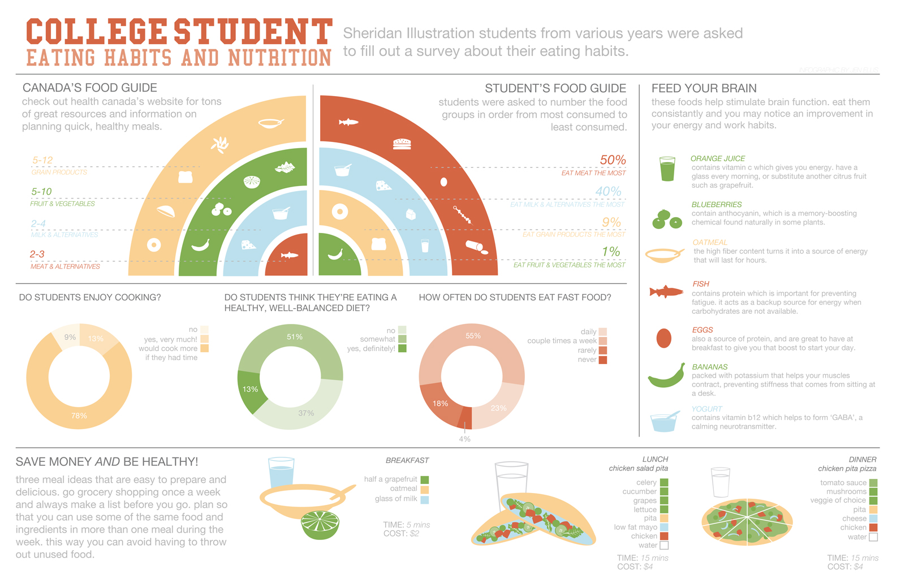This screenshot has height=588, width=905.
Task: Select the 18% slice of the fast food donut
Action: tap(441, 403)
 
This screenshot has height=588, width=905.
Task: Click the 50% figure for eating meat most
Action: tap(613, 161)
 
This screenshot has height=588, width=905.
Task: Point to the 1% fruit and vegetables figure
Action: tap(611, 252)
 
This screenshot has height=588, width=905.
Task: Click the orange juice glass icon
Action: tap(667, 169)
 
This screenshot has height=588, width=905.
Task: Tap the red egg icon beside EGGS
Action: tap(663, 338)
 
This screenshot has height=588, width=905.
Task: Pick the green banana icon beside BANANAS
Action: tap(666, 376)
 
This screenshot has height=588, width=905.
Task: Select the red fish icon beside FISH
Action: tap(666, 292)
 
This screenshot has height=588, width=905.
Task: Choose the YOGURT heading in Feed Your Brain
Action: tap(706, 409)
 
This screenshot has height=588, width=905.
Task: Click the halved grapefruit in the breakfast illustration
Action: tap(320, 525)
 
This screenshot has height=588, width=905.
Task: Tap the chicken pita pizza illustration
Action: tap(747, 521)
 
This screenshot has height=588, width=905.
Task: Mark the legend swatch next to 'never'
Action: tap(603, 360)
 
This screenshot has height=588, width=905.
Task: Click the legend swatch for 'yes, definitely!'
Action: tap(402, 349)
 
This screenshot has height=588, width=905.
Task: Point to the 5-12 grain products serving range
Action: tap(42, 161)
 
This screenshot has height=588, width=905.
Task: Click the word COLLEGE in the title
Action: tap(97, 32)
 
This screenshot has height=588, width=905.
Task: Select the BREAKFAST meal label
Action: tap(407, 460)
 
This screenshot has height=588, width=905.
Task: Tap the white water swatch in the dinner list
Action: tap(873, 537)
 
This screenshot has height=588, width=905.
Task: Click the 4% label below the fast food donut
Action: tap(464, 439)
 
